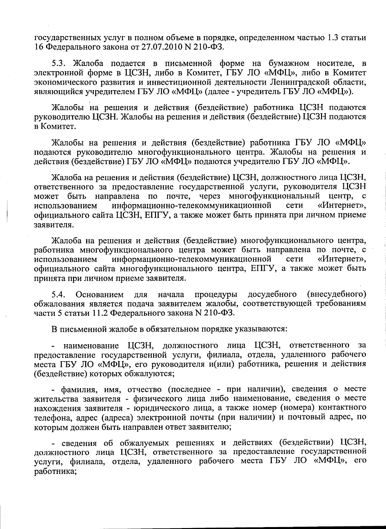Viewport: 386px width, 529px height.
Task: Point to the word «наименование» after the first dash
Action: coord(91,345)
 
